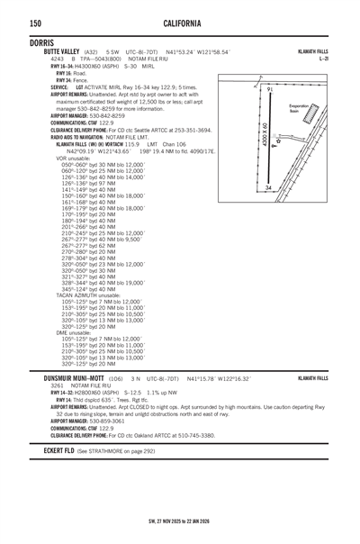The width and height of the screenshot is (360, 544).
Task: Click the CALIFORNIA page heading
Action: (x=180, y=21)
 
